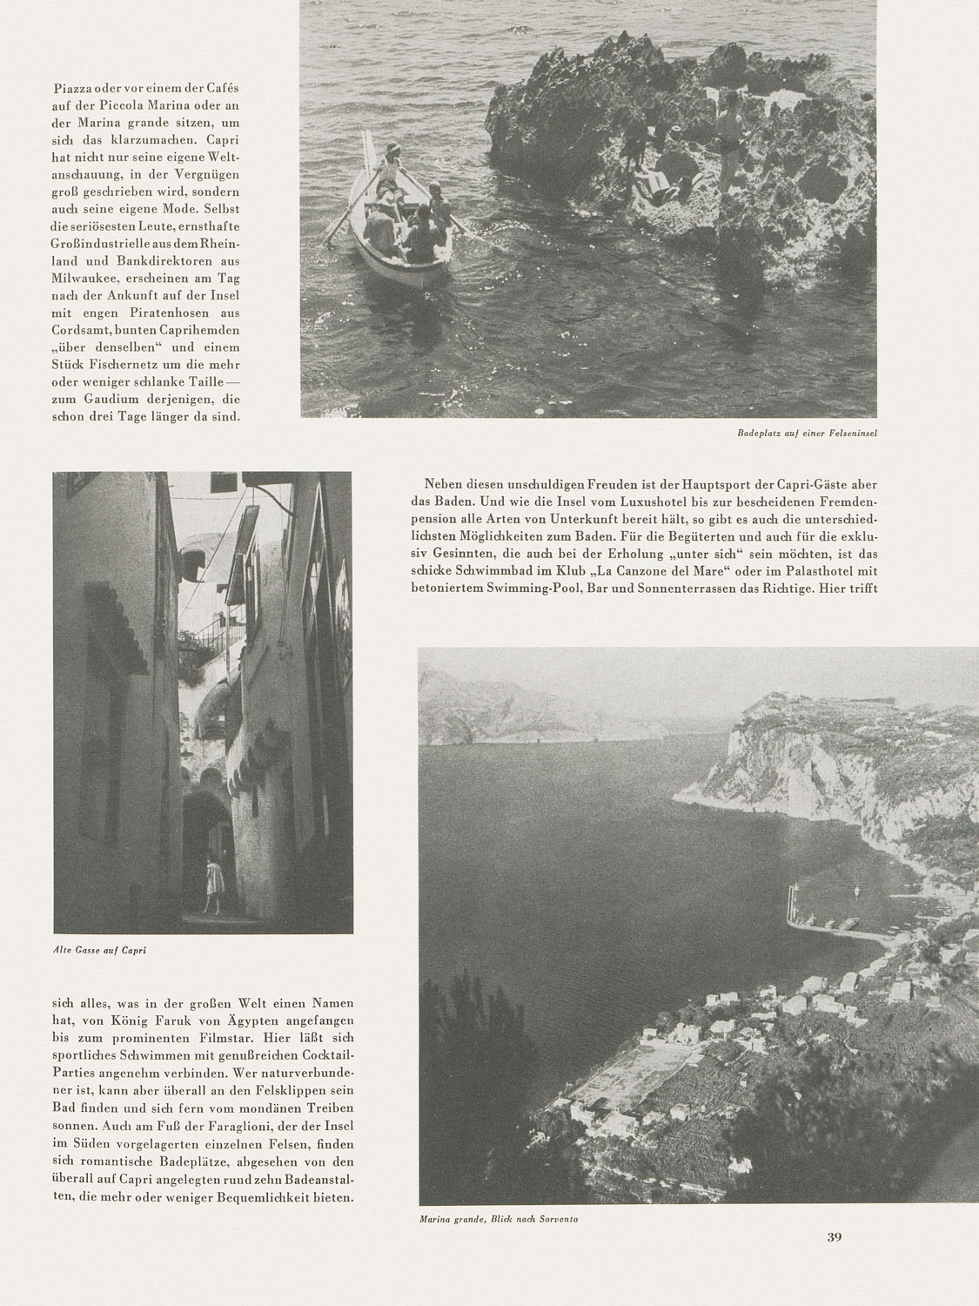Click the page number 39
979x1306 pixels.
coord(835,1235)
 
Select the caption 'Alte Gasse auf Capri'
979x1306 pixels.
coord(99,950)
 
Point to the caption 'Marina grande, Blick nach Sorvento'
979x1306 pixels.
coord(499,1219)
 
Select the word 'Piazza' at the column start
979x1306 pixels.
coord(73,89)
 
